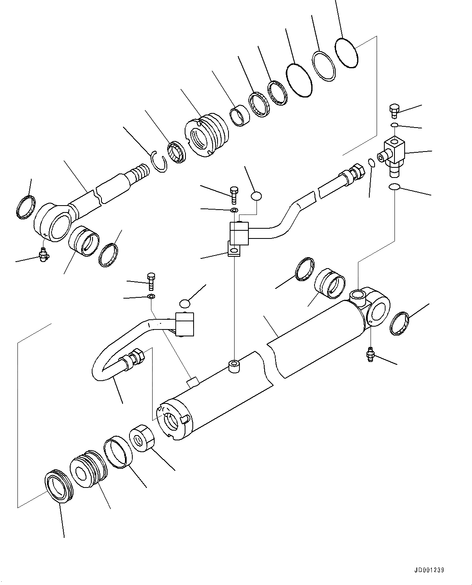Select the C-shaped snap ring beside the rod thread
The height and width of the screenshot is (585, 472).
[159, 161]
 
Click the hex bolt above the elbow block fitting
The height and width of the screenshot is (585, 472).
[393, 110]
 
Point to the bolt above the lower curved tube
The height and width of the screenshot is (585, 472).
[151, 281]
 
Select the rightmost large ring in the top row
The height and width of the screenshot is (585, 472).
[347, 52]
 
